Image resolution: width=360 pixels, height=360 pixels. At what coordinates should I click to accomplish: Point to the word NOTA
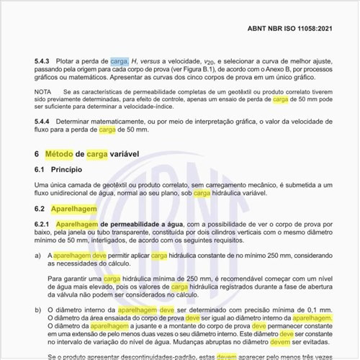43,92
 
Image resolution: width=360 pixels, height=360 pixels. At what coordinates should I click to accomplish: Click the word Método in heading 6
58,154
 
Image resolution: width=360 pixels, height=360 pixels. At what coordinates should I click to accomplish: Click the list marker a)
38,256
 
